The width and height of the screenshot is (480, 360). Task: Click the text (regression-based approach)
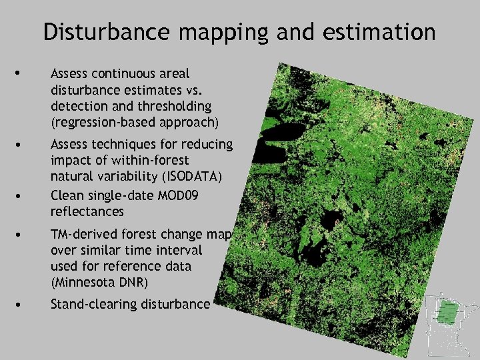(x=135, y=122)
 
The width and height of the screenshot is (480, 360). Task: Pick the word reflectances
(x=87, y=212)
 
